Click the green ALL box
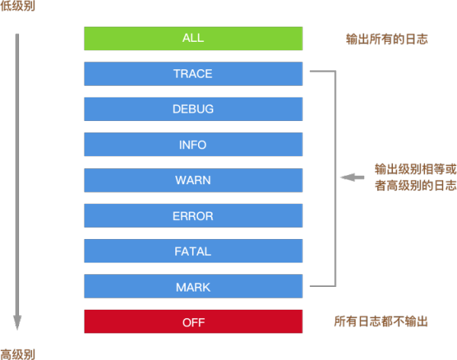[193, 38]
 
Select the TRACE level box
[193, 74]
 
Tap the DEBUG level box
[193, 109]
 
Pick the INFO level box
[193, 145]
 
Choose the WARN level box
[193, 180]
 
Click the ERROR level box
[193, 215]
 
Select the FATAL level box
[193, 251]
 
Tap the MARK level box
[193, 287]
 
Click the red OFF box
[193, 322]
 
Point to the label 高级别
[17, 354]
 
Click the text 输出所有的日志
[386, 38]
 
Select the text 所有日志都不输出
[381, 322]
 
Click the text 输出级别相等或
[415, 168]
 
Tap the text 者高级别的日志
[415, 186]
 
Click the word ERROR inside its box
[193, 215]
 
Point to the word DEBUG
[193, 109]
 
